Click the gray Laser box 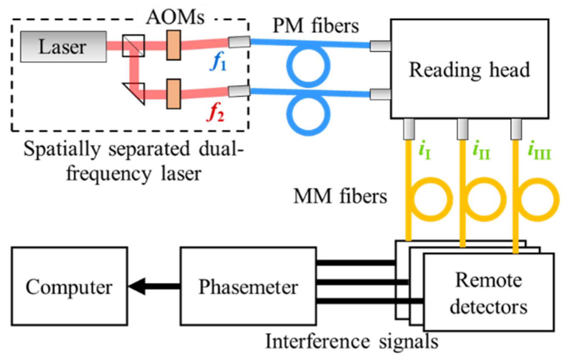click(x=63, y=46)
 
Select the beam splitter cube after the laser click(x=133, y=46)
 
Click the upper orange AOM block click(x=174, y=45)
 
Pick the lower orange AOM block click(x=174, y=94)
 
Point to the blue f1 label click(x=218, y=62)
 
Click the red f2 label click(x=215, y=113)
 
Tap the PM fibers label click(x=316, y=26)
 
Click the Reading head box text click(x=469, y=70)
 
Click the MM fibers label click(x=340, y=197)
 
